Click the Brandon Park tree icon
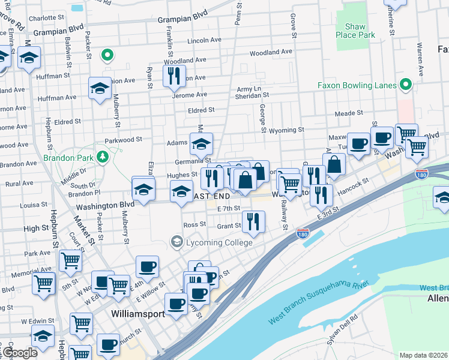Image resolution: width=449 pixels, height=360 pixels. click(x=103, y=157)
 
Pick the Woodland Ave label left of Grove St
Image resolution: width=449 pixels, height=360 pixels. click(x=271, y=52)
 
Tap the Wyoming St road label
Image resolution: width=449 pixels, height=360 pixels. click(x=287, y=130)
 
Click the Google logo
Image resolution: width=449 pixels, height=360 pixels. click(x=19, y=353)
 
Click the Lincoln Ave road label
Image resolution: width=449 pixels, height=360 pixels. click(x=205, y=40)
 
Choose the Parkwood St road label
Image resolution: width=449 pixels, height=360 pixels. click(x=123, y=139)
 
